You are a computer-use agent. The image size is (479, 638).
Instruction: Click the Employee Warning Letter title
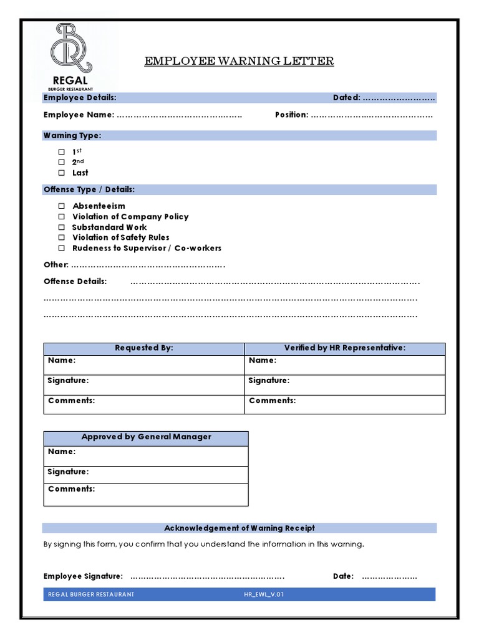tap(239, 61)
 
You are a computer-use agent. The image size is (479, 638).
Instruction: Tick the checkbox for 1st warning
tap(62, 152)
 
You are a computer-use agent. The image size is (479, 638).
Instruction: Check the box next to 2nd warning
tap(62, 162)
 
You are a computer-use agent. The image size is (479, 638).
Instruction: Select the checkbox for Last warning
tap(62, 173)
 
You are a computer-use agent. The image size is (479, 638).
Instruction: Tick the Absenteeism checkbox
tap(62, 206)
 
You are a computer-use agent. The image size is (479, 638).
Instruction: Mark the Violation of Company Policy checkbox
tap(62, 217)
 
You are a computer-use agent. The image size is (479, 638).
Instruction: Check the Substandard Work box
tap(62, 227)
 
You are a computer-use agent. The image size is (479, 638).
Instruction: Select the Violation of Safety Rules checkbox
tap(62, 237)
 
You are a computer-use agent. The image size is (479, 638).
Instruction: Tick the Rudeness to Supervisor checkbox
tap(62, 248)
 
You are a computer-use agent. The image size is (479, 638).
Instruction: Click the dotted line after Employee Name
tap(179, 115)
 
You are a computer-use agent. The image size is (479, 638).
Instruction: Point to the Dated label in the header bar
tap(346, 98)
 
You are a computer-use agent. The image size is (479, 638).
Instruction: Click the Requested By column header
tap(144, 348)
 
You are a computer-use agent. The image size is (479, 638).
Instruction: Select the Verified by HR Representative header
tap(345, 348)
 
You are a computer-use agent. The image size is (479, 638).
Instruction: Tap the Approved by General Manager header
tap(146, 437)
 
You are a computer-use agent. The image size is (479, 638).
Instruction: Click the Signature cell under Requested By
tap(144, 384)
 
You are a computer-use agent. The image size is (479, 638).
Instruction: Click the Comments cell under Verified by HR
tap(345, 404)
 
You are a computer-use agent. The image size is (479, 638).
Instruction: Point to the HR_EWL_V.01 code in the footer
tap(264, 594)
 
